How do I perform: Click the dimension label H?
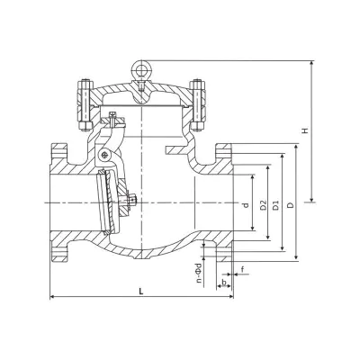coord(305,130)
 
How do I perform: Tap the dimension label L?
coord(141,291)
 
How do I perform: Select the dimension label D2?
coord(264,205)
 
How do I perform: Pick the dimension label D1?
coord(276,205)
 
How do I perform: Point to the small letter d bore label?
coord(246,205)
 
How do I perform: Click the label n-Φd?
coord(198,274)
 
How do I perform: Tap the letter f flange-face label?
coord(242,269)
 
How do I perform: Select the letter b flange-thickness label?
coord(223,282)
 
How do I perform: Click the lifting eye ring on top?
coord(141,69)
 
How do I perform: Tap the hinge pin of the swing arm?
coord(103,155)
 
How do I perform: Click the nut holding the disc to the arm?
coord(133,199)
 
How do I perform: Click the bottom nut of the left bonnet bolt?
coord(85,126)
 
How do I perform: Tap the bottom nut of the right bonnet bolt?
coord(197,126)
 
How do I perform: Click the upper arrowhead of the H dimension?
coord(312,63)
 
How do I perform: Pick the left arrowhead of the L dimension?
coord(52,297)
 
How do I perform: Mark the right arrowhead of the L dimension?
coord(230,297)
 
